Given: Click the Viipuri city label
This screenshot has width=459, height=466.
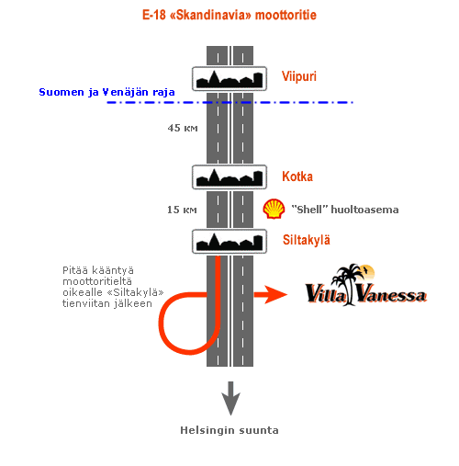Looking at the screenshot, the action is click(299, 76).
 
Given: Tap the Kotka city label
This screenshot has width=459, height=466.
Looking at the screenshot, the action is click(297, 176).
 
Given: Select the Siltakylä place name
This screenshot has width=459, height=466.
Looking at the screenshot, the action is click(307, 240).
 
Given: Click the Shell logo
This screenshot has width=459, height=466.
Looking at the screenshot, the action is click(274, 209).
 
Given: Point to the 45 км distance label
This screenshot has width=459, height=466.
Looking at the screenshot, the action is click(183, 128).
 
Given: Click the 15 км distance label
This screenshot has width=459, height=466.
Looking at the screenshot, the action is click(182, 210).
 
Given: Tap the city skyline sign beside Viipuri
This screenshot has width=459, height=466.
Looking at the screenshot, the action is click(229, 79).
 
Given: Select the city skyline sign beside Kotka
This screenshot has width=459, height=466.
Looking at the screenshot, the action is click(229, 177).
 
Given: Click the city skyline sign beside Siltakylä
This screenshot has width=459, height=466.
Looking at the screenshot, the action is click(229, 242).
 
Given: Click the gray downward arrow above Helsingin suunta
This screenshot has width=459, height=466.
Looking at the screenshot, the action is click(230, 398).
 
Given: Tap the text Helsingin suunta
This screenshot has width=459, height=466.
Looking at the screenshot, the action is click(229, 430).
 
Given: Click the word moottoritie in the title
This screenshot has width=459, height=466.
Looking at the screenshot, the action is click(285, 15).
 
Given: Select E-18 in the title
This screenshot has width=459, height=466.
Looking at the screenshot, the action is click(154, 15).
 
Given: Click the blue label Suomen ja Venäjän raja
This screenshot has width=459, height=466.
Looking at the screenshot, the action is click(106, 92).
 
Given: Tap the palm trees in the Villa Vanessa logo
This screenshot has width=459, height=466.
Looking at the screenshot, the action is click(348, 283).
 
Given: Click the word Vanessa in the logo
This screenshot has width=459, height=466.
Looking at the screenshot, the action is click(392, 294).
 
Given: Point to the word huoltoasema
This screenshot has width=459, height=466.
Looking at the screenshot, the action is click(364, 210).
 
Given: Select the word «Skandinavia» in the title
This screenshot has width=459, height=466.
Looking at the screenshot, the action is click(210, 15).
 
